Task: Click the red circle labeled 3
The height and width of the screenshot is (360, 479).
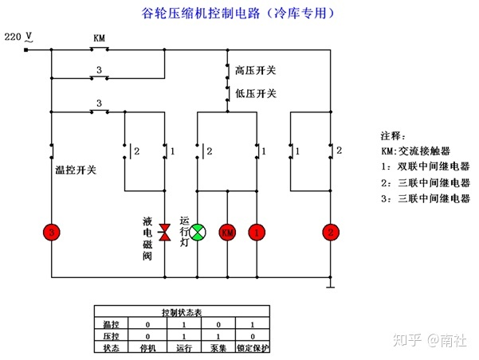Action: tap(52, 233)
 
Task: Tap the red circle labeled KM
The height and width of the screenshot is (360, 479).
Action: tap(228, 233)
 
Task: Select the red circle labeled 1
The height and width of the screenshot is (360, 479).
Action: tap(257, 233)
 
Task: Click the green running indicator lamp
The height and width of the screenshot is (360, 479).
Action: tap(198, 232)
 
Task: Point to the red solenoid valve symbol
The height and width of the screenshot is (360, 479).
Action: tap(165, 232)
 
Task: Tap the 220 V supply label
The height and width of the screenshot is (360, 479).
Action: tap(18, 37)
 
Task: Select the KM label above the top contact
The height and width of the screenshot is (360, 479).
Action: tap(99, 38)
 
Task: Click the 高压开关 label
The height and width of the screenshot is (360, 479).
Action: tap(256, 71)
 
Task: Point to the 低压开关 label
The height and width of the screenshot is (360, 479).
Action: tap(256, 93)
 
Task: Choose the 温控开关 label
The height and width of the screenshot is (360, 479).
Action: tap(75, 169)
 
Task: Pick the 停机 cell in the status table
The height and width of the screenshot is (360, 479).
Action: tap(147, 348)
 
